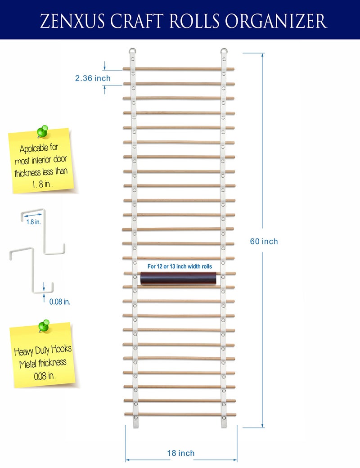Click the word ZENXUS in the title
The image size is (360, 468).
72,21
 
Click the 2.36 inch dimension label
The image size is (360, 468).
93,78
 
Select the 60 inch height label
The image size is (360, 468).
264,241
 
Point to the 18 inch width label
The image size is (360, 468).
181,453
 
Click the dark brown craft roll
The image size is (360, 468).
178,278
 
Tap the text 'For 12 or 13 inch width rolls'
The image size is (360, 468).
180,266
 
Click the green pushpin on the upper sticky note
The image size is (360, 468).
43,131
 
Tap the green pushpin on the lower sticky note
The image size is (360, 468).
44,326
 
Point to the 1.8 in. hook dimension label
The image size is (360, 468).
33,222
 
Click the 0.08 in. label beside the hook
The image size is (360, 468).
60,302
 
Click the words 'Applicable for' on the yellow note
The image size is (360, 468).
39,148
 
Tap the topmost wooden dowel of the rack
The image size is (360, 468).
179,69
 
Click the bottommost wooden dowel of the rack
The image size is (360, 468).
180,414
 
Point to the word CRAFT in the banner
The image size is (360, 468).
137,21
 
